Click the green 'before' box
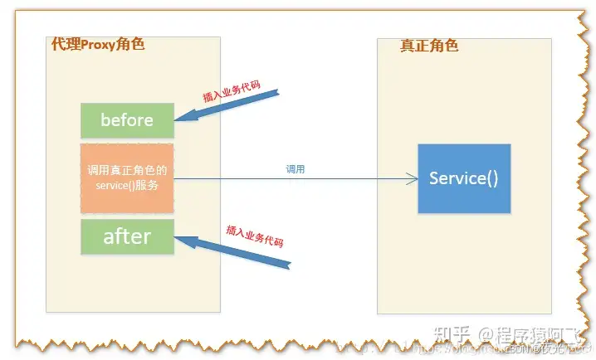point(127,120)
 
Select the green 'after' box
point(127,237)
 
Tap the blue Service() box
point(463,178)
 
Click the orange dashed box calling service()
point(127,178)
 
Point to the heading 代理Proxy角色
point(98,44)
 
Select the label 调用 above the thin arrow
point(296,168)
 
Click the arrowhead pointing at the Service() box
point(411,178)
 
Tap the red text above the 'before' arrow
point(232,91)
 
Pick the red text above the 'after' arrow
point(255,235)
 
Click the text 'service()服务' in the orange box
point(127,184)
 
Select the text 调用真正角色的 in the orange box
point(127,170)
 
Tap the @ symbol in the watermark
point(483,335)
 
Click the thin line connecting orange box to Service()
point(291,178)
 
